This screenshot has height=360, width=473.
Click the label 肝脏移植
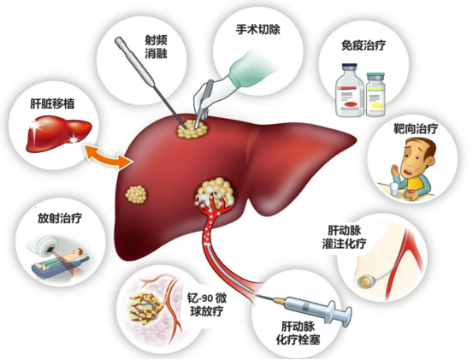point(52,104)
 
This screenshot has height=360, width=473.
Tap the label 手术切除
point(258,30)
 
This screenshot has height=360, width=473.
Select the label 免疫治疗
point(364,45)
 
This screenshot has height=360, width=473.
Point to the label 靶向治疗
point(416,129)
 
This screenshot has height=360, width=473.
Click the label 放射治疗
point(60,218)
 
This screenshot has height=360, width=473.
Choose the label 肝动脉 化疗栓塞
point(298,333)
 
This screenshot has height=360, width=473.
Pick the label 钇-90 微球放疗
point(207,304)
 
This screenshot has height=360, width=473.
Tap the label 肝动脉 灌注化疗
point(344,238)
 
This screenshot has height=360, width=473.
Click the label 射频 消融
point(156,47)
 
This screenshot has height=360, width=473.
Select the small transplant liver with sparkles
point(58,134)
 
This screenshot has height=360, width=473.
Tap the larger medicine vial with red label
point(350,90)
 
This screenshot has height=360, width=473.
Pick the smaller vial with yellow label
point(375,95)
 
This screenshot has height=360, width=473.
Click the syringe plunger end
point(346,316)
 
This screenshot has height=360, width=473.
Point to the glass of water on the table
point(395,189)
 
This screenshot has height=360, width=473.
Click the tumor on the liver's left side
point(136,194)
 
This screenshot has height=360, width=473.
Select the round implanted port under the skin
point(365,281)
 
